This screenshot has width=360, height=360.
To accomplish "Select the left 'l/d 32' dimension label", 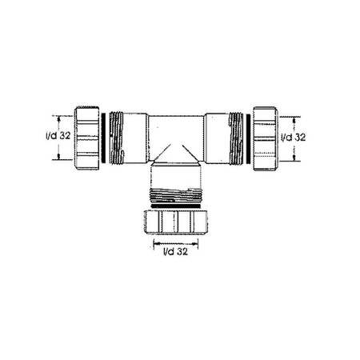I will pyautogui.click(x=58, y=136).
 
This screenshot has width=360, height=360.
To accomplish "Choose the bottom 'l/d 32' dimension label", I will pyautogui.click(x=175, y=253).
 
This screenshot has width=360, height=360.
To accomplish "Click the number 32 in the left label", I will pyautogui.click(x=66, y=136).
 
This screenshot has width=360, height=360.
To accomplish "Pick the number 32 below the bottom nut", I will pyautogui.click(x=183, y=253).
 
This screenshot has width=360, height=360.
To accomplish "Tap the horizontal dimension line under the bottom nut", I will pyautogui.click(x=175, y=241).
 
